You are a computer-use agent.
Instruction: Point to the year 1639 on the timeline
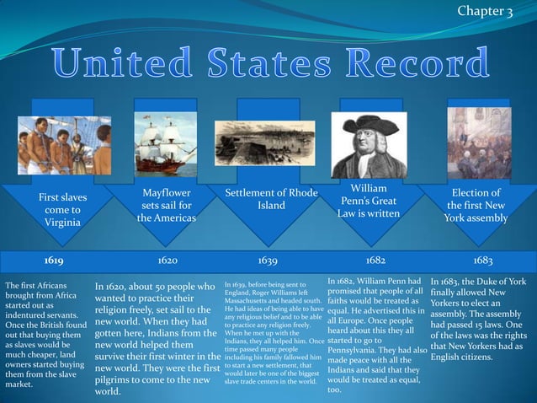tap(268, 261)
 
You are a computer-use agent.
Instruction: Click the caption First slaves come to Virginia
tap(63, 210)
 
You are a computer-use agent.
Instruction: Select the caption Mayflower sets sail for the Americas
tap(167, 205)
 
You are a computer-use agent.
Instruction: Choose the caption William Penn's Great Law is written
tap(368, 201)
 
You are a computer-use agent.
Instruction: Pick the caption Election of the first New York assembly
tap(476, 205)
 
